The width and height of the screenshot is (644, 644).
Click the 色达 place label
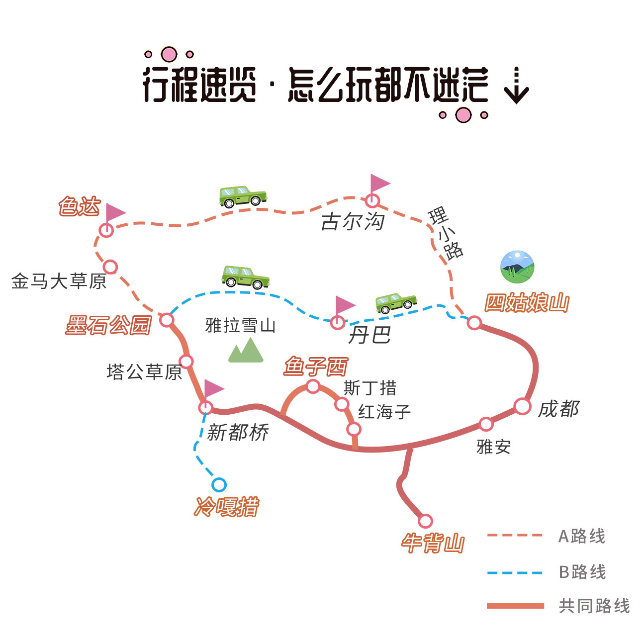tap(80, 206)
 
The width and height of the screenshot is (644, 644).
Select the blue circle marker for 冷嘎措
tap(219, 484)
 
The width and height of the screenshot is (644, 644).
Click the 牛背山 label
tap(433, 543)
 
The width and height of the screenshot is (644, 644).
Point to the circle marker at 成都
tap(522, 406)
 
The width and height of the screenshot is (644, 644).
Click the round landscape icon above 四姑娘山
tap(517, 267)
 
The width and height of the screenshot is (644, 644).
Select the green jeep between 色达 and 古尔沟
tap(243, 196)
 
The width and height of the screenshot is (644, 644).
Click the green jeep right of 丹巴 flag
tap(396, 302)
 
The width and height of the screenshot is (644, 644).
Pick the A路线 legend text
tap(581, 536)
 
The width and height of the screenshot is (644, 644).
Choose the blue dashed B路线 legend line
tap(515, 572)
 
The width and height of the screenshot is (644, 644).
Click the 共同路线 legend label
tap(594, 606)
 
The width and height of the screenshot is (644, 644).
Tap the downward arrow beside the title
tap(516, 86)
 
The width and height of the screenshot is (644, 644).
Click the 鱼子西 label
tap(315, 367)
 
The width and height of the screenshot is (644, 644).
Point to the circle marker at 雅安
tap(486, 424)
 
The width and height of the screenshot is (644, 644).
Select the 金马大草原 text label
tap(59, 281)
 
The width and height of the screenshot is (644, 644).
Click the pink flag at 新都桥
tap(213, 388)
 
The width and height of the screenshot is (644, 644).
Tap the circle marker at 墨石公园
tap(167, 320)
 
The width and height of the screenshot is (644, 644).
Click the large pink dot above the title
tap(169, 54)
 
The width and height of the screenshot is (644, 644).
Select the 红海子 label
tap(384, 412)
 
